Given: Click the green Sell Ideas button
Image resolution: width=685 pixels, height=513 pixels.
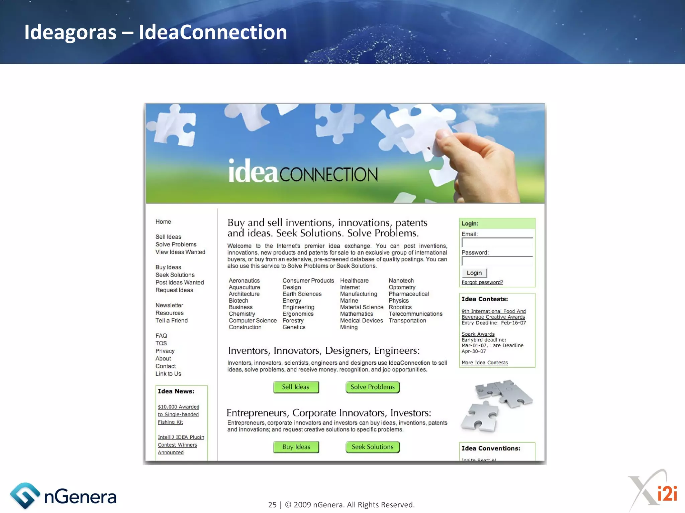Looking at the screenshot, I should [296, 387].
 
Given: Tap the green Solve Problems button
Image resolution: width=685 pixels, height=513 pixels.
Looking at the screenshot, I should [373, 387].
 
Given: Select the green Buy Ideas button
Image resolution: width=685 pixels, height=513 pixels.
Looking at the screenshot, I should [296, 447].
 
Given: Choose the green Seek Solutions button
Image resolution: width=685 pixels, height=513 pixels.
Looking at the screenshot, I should [373, 447].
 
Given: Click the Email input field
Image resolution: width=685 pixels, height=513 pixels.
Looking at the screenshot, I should [497, 243].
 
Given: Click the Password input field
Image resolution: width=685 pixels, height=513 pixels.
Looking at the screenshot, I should [497, 261].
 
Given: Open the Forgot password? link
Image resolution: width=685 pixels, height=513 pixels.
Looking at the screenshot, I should [482, 283].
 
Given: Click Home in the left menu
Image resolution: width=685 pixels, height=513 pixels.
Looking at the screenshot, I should [163, 222].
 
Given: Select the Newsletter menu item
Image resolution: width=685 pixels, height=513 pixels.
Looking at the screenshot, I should [169, 305].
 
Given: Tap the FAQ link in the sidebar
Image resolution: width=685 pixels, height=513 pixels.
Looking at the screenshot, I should [161, 336].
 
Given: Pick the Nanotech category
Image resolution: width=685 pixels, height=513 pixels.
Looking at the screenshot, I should [401, 281].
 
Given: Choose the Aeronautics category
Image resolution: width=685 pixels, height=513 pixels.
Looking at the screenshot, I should [244, 281].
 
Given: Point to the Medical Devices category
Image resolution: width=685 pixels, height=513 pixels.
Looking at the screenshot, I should [361, 321].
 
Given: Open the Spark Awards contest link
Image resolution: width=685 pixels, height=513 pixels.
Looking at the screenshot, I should [478, 334].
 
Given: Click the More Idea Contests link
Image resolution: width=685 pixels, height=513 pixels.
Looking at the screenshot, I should [484, 363].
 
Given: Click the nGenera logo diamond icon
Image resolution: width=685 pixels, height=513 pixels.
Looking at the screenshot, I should [25, 496].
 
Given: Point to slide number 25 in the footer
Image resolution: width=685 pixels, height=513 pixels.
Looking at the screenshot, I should [272, 505].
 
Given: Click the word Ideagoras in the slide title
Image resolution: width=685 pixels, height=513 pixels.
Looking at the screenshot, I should [70, 32].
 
